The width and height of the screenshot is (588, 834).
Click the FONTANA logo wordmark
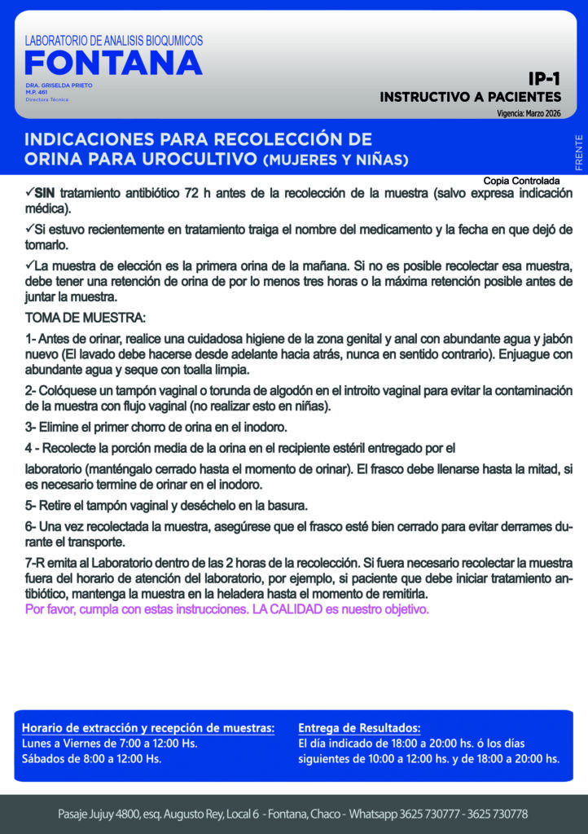(113, 63)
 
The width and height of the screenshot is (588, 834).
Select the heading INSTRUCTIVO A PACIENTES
(470, 97)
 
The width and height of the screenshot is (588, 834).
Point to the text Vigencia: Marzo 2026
(529, 113)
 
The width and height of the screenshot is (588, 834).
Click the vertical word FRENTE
(578, 152)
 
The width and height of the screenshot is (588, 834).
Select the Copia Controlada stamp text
(521, 180)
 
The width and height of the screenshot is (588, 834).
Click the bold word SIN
(44, 193)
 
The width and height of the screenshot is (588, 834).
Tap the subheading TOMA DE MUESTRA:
(86, 316)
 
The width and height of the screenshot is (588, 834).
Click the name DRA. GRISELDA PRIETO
(59, 86)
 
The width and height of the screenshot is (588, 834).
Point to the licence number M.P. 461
(37, 92)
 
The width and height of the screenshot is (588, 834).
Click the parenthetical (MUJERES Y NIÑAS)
(336, 158)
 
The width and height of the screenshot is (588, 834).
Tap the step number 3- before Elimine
(31, 427)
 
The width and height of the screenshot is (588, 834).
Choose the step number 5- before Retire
(31, 505)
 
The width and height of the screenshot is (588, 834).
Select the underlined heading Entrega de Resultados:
(359, 727)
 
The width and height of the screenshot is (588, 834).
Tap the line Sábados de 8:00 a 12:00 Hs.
(91, 759)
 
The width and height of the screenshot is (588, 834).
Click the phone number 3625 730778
(493, 814)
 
